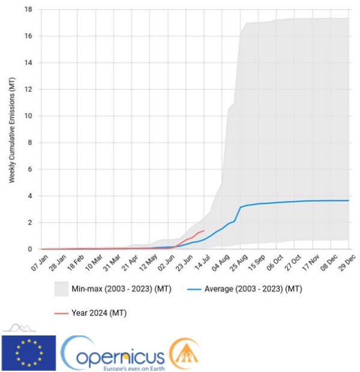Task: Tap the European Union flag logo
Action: (x=29, y=353)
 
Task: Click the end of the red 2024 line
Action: (x=204, y=230)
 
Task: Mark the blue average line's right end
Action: (x=349, y=200)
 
